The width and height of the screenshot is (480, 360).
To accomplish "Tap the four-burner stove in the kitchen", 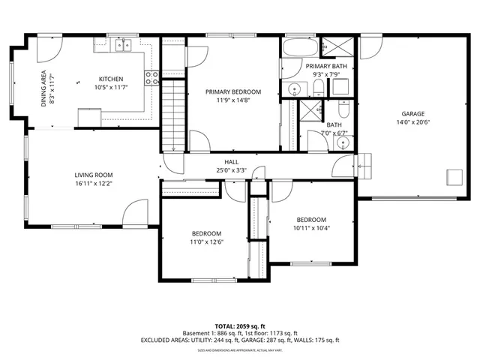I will click(x=154, y=75).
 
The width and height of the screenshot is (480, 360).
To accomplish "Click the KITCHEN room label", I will click(x=111, y=79).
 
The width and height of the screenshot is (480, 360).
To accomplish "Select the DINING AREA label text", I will click(x=44, y=88).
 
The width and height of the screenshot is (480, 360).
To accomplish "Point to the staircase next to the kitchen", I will click(x=173, y=105).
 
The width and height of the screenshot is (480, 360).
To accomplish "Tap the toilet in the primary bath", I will click(x=317, y=89).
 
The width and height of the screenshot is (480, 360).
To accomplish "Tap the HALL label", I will click(x=232, y=162).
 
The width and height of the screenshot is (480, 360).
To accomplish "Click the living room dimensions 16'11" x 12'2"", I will click(x=93, y=183).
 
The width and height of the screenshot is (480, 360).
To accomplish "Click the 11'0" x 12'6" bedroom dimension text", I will click(x=206, y=241).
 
